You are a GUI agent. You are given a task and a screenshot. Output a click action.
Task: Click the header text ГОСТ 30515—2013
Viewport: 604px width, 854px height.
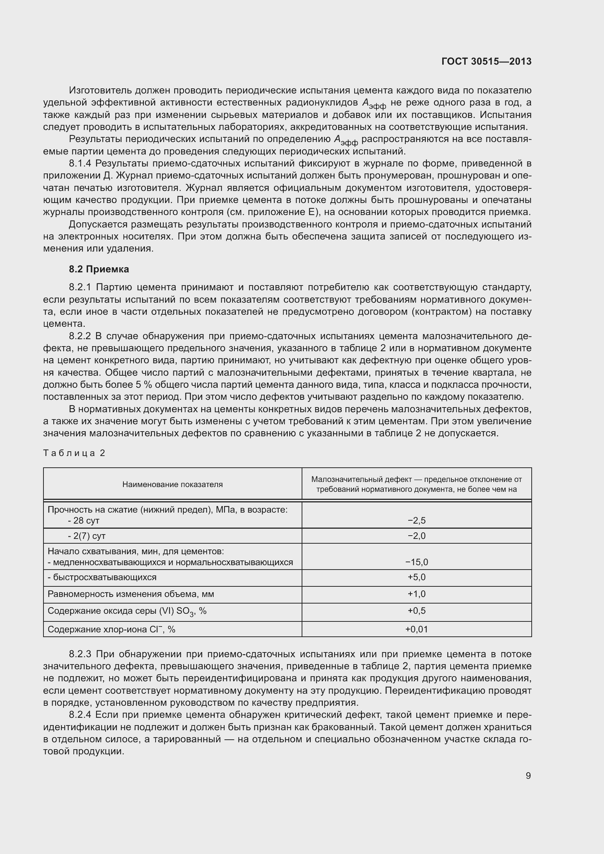coord(486,61)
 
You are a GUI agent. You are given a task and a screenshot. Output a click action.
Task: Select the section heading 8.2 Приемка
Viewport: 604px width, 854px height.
coord(99,269)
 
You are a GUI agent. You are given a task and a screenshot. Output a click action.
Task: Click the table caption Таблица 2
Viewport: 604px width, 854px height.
coord(74,453)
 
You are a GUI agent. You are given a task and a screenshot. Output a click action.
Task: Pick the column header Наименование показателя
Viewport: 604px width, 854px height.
coord(173,484)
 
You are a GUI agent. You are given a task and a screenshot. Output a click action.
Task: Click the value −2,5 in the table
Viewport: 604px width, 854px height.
coord(417,520)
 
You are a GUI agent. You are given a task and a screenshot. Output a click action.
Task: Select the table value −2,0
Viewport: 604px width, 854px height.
coord(417,536)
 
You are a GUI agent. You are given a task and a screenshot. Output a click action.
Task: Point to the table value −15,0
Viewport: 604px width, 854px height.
coord(417,562)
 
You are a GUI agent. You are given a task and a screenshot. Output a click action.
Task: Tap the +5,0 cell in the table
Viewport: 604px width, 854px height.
coord(417,577)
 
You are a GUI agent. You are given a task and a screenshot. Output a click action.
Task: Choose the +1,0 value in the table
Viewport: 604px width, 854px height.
coord(417,594)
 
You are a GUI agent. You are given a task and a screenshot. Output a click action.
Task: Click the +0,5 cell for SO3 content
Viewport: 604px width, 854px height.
coord(417,611)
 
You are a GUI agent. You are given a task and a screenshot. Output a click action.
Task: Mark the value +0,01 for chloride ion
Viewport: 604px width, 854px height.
coord(417,629)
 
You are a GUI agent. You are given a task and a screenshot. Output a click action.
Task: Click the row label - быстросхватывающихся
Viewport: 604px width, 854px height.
coord(102,577)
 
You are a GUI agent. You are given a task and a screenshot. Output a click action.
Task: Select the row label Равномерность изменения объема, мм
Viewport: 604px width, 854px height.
coord(130,594)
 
